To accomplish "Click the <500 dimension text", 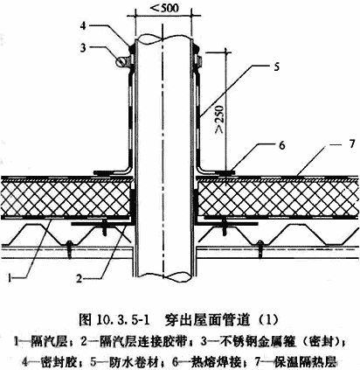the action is point(163,8).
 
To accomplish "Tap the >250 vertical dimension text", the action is point(219,119).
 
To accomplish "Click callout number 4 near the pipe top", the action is point(83,25).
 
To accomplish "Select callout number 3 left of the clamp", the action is point(83,47).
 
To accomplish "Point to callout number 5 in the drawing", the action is point(276,66).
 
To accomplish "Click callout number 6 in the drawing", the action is point(282,145).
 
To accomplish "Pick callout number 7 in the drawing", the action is point(352,143).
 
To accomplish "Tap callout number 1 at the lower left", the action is point(10,278).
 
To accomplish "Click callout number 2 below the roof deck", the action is point(79,279).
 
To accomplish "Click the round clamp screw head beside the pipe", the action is point(120,61).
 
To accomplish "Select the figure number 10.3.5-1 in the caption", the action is point(121,321).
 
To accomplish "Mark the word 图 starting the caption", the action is point(85,320).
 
